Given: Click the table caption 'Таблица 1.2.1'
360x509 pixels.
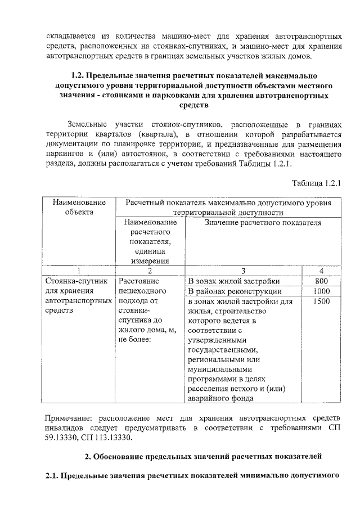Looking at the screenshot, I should pos(317,183).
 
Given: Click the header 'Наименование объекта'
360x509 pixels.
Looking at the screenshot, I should pos(79,207).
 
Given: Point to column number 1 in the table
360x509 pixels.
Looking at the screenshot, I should pos(79,271).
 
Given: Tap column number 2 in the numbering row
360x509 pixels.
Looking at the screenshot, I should pos(150,271).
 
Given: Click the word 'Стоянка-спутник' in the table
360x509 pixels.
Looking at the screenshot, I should pos(74,281).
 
